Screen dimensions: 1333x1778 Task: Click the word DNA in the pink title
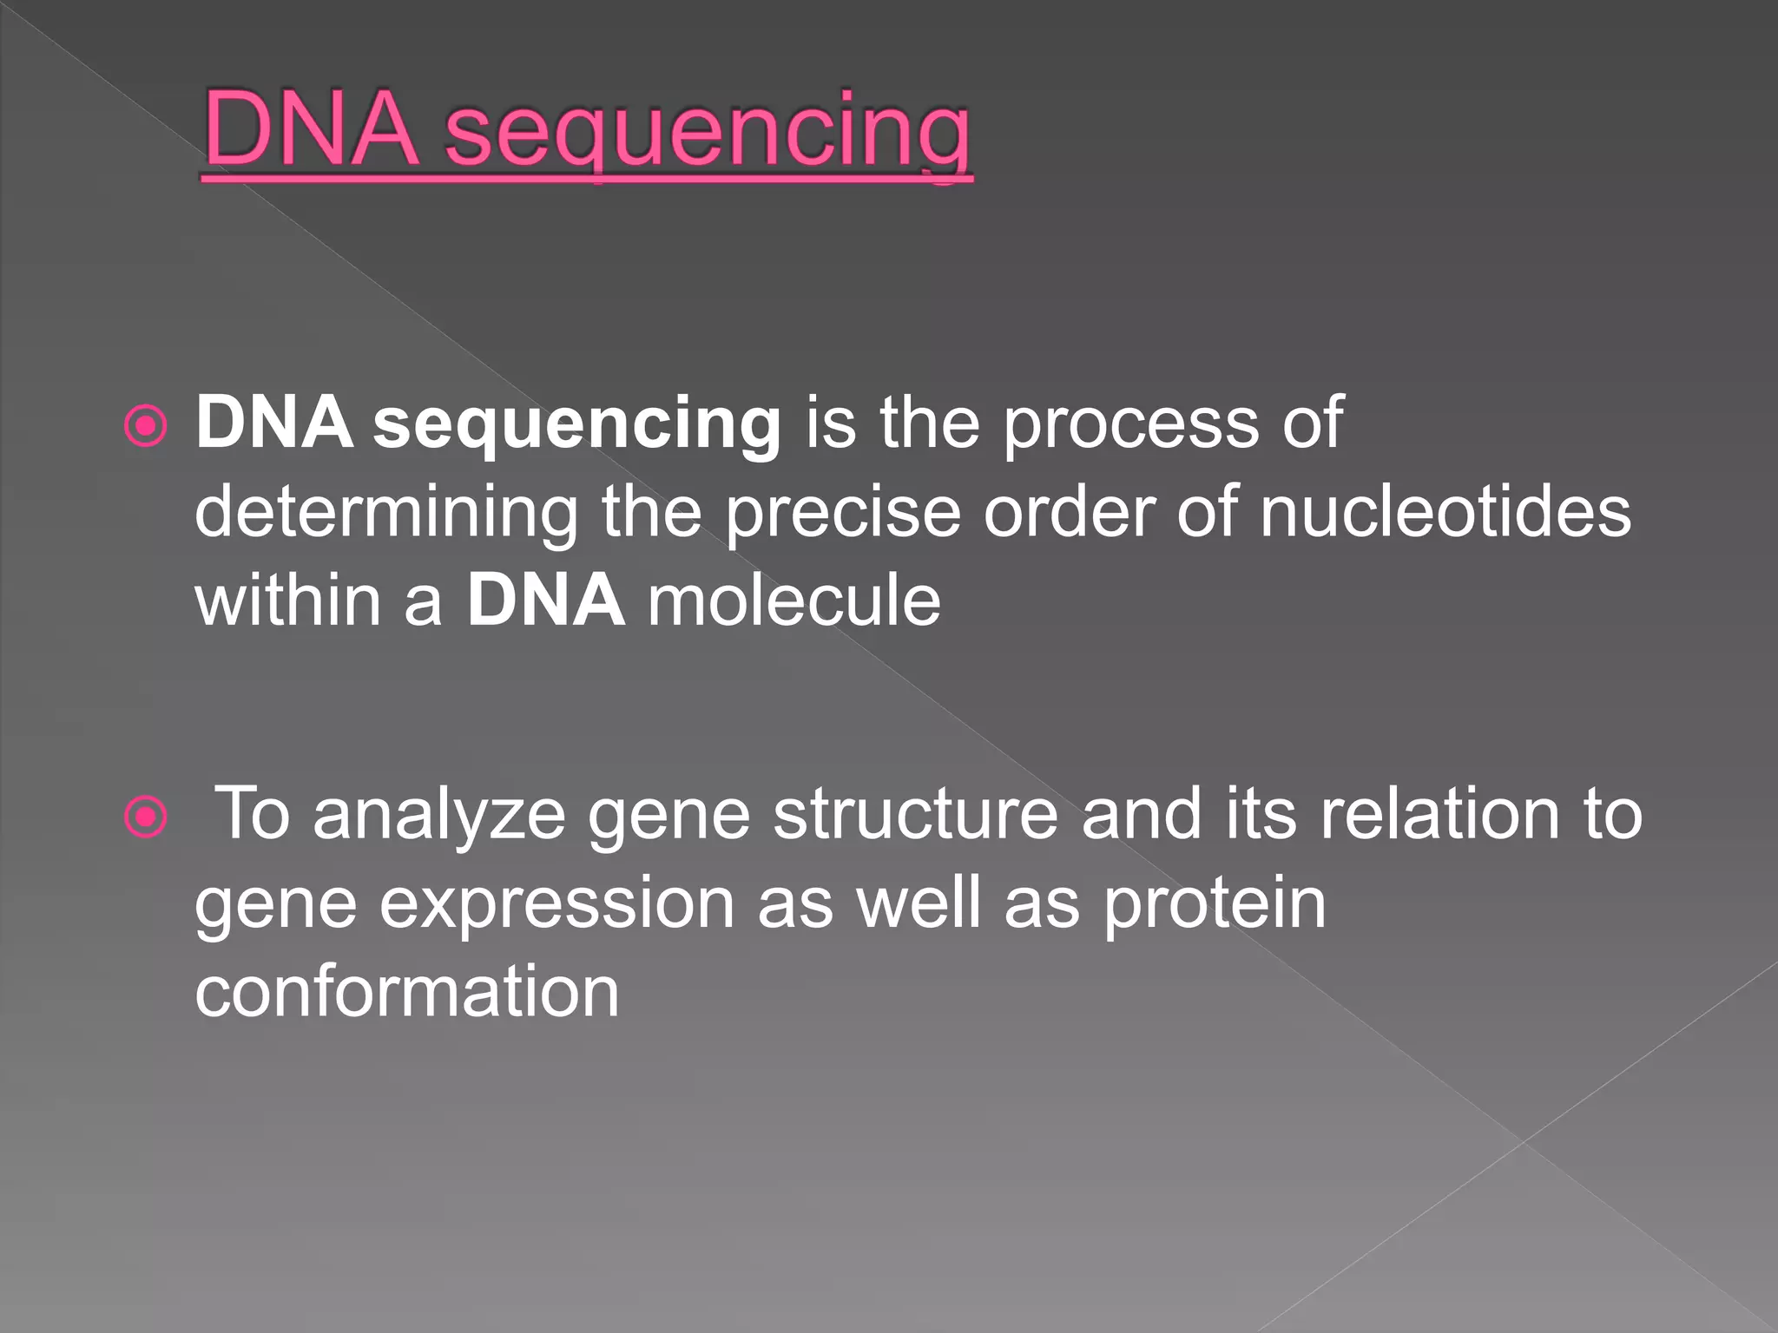(310, 129)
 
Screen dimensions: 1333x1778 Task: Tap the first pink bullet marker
(145, 426)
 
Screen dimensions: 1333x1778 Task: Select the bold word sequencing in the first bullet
(576, 425)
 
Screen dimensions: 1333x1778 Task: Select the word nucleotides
(1445, 512)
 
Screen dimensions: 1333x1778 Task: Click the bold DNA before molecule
(545, 601)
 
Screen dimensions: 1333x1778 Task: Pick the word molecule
(794, 601)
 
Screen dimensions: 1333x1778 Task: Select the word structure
(915, 816)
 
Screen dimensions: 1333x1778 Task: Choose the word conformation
(406, 991)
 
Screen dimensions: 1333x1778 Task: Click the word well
(919, 903)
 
